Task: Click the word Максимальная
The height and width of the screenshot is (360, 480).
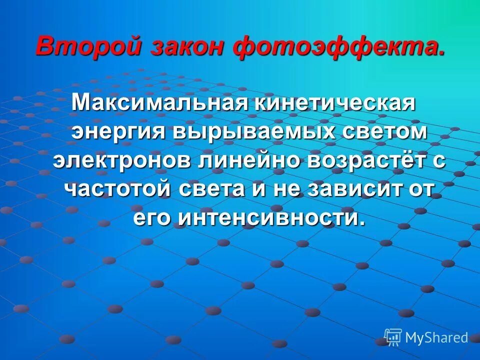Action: (x=160, y=103)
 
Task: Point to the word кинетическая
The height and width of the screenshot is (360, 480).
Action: (x=336, y=103)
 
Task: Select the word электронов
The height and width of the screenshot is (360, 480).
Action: (x=118, y=161)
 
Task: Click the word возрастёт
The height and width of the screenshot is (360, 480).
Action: (x=358, y=161)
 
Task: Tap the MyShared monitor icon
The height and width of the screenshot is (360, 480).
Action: (x=393, y=337)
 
